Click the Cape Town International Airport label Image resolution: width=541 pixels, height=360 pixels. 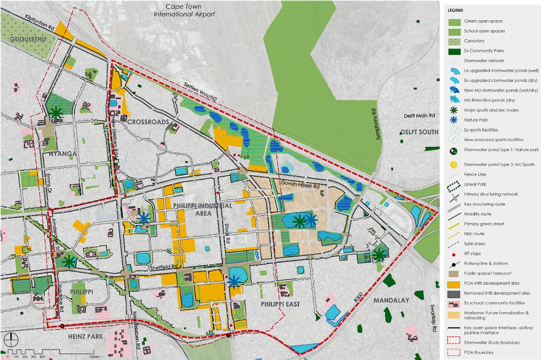(x=184, y=10)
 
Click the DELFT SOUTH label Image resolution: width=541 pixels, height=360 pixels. (x=419, y=132)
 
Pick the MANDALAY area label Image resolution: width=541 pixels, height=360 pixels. (x=391, y=300)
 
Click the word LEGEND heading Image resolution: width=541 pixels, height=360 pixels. (x=455, y=10)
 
